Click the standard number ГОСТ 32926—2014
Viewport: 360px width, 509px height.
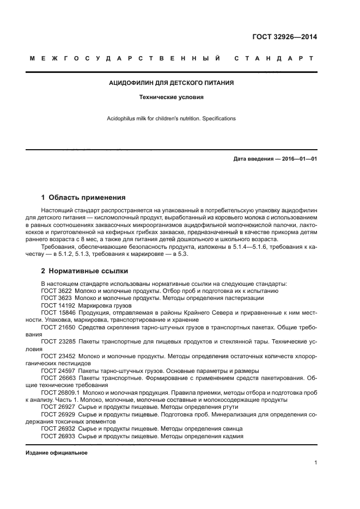click(x=284, y=37)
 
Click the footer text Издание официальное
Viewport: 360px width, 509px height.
click(x=57, y=452)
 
